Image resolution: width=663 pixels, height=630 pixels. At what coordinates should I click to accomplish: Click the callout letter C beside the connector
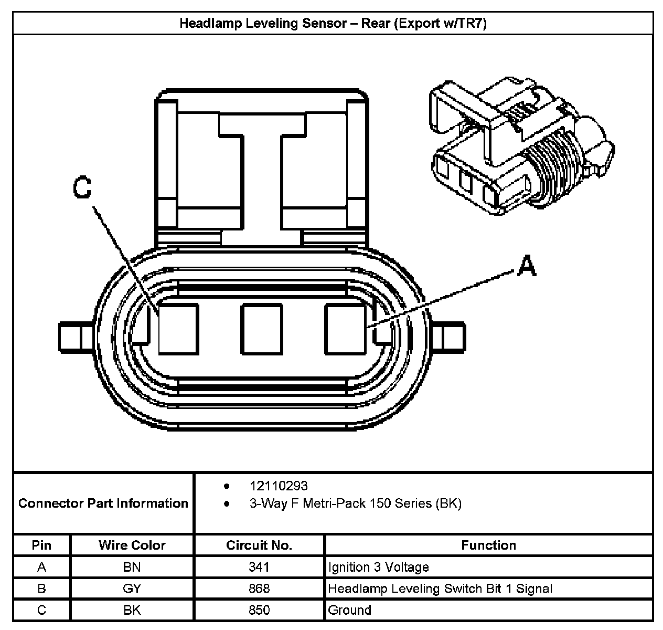[x=82, y=187]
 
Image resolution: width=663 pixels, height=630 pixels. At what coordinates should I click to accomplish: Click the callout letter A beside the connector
[x=526, y=266]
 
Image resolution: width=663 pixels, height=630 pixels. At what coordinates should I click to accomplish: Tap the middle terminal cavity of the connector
[x=261, y=329]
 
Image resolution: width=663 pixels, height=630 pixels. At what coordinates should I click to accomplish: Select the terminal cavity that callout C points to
[x=178, y=329]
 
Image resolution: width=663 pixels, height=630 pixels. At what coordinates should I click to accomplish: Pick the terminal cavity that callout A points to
[x=345, y=329]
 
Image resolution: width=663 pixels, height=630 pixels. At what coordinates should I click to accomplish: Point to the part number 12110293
[x=279, y=486]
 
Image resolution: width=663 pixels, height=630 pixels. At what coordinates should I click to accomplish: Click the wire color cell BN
[x=132, y=567]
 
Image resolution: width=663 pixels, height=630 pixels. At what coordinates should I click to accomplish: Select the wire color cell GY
[x=132, y=589]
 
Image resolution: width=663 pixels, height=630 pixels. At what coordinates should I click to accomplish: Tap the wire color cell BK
[x=132, y=610]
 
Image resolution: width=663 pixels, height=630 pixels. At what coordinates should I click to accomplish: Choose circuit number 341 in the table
[x=259, y=567]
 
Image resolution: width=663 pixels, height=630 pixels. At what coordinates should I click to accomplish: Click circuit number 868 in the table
[x=259, y=589]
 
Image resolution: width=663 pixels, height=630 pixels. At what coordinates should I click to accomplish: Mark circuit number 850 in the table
[x=259, y=610]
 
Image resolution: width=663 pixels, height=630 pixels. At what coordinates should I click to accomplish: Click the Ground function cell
[x=350, y=610]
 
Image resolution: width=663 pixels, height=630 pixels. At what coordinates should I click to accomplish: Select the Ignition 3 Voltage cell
[x=378, y=567]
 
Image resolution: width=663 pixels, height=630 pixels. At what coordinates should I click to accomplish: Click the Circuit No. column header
[x=259, y=545]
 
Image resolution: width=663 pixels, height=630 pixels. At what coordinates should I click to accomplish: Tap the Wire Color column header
[x=132, y=545]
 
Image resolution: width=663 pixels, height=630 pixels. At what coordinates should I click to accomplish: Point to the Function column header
[x=488, y=545]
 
